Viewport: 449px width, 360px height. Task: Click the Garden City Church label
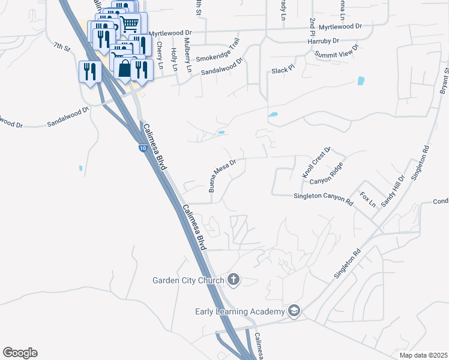188,280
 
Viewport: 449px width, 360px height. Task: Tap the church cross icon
234,280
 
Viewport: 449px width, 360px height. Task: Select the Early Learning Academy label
239,311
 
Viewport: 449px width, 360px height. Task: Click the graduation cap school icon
294,310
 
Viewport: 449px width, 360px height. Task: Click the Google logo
20,353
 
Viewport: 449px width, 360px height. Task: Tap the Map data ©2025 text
423,355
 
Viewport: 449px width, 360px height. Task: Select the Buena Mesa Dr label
223,175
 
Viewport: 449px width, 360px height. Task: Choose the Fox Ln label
367,199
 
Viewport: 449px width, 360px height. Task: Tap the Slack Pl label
283,70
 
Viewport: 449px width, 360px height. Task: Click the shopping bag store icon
124,68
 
